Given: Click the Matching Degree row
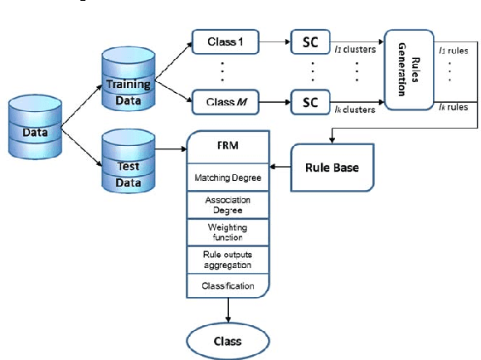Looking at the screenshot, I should [227, 178].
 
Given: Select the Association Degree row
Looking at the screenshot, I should [227, 204].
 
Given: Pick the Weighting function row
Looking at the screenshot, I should [227, 231].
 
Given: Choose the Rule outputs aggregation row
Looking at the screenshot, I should [227, 259].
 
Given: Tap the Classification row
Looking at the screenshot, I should [227, 286].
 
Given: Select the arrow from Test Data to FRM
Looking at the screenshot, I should [169, 149].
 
